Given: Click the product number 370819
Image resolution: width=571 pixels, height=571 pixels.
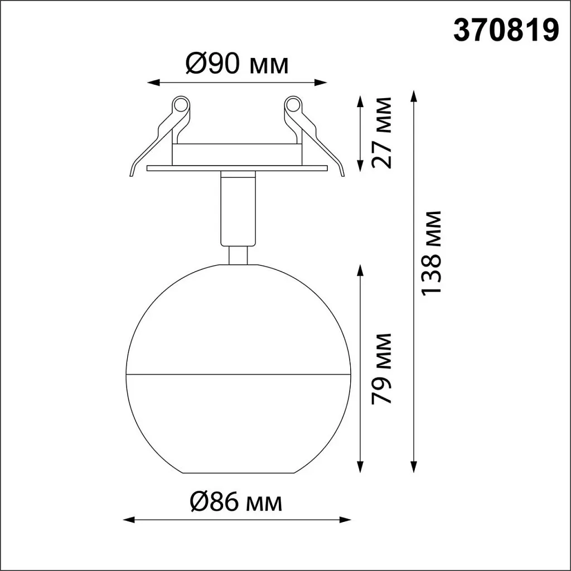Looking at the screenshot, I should [506, 31].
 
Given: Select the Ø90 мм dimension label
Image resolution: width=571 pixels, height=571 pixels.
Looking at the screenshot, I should [237, 65].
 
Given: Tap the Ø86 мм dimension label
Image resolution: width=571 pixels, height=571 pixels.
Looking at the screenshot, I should [236, 502].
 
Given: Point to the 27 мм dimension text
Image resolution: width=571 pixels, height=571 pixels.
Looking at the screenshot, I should [383, 133].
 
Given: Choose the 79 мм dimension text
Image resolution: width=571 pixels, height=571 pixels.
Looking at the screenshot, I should [383, 368].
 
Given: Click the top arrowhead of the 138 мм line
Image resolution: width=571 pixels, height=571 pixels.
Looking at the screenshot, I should [413, 95].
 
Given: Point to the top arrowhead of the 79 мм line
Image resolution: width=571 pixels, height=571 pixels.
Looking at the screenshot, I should [361, 270].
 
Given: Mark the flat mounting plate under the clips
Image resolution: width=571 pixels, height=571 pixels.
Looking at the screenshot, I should [236, 168].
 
